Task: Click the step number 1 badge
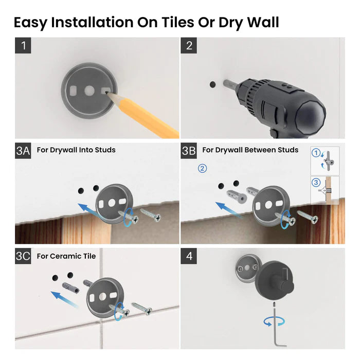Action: click(x=23, y=45)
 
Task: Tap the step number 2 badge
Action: click(x=189, y=45)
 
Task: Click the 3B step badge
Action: click(x=189, y=151)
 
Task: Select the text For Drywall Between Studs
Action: click(x=250, y=150)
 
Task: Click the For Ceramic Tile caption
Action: click(x=66, y=256)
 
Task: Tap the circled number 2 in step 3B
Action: click(x=203, y=168)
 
